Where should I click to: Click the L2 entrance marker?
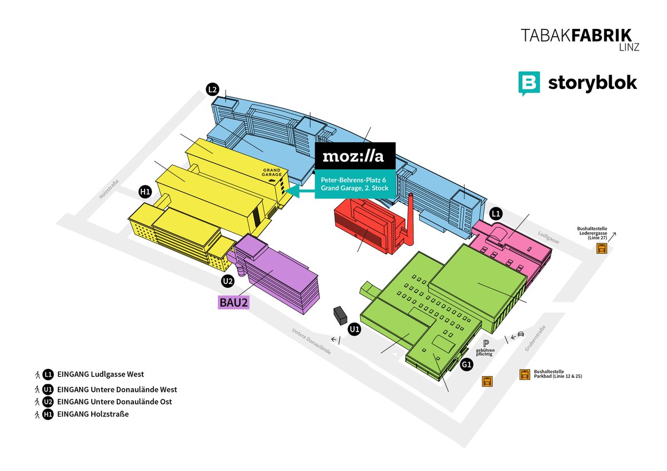click(212, 89)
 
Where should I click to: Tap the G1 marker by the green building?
click(467, 365)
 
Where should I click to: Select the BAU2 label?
click(233, 302)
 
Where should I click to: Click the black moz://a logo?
click(355, 157)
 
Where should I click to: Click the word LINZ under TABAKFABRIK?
click(628, 48)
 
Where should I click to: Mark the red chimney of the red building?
click(410, 219)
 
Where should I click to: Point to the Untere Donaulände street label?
click(311, 341)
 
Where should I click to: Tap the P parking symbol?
click(485, 343)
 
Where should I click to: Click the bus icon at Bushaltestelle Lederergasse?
click(601, 249)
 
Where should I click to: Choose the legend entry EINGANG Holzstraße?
click(93, 414)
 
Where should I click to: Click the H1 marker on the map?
click(145, 192)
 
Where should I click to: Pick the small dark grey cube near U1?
click(339, 316)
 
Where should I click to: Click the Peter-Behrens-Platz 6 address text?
click(353, 179)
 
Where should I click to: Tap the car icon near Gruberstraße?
click(520, 334)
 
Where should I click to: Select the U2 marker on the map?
click(227, 281)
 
